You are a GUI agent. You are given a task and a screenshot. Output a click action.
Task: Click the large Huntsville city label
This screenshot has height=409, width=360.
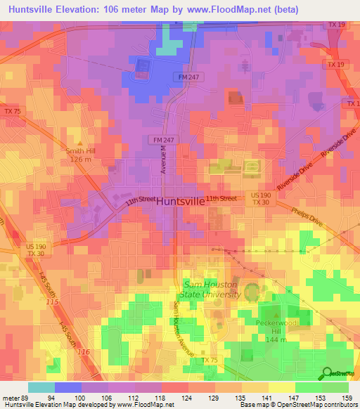180,200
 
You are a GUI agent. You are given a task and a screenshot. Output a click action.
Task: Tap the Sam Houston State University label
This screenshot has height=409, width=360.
212,289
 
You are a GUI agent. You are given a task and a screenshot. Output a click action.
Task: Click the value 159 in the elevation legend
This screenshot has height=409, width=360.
347,397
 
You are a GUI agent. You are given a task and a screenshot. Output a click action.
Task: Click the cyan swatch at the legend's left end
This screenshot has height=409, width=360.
41,387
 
